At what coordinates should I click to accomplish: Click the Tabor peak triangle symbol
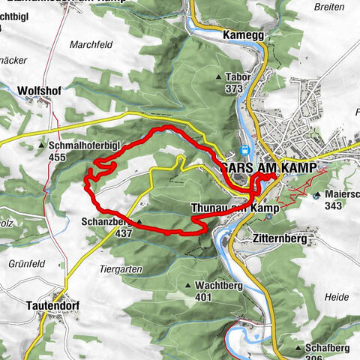click(x=219, y=77)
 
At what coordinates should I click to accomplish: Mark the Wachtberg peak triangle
click(x=188, y=286)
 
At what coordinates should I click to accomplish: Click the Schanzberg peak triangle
click(x=139, y=222)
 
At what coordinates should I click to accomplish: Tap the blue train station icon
click(x=246, y=149)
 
